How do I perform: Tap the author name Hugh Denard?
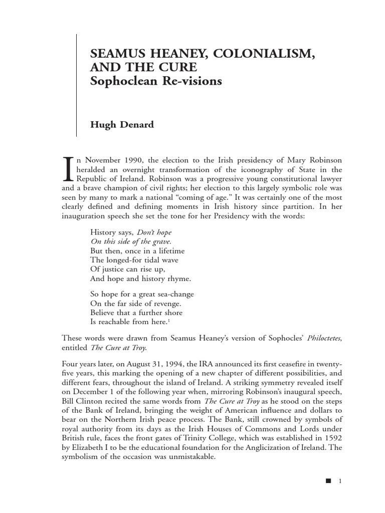(x=121, y=125)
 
